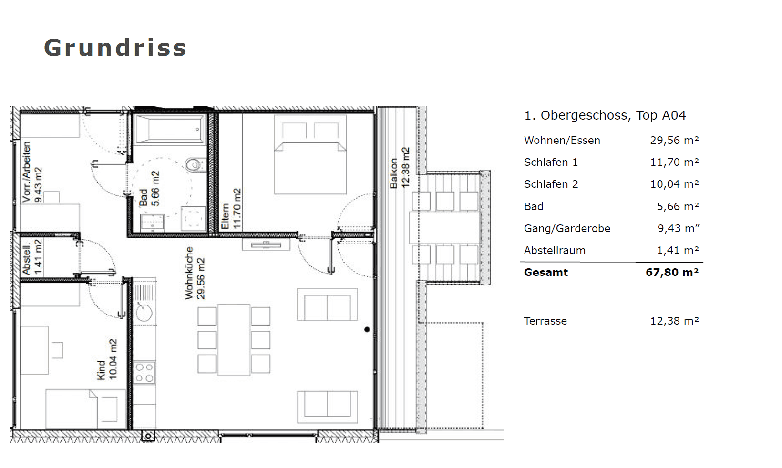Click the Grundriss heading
coord(115,48)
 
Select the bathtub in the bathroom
coord(170,129)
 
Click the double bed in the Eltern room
coord(310,154)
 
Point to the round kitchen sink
coord(144,312)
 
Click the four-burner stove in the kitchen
coord(144,372)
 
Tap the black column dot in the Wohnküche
coord(367,329)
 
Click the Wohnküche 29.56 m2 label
coord(195,273)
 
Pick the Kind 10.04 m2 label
coord(107,359)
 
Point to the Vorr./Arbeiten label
coord(26,172)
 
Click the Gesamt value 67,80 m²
coord(672,272)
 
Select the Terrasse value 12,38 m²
coord(674,321)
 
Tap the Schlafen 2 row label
coord(551,184)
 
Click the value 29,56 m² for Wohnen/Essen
coord(674,140)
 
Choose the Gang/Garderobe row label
coord(567,229)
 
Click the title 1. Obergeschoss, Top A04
coord(605,115)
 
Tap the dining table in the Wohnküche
coord(234,340)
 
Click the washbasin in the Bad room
coord(152,223)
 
